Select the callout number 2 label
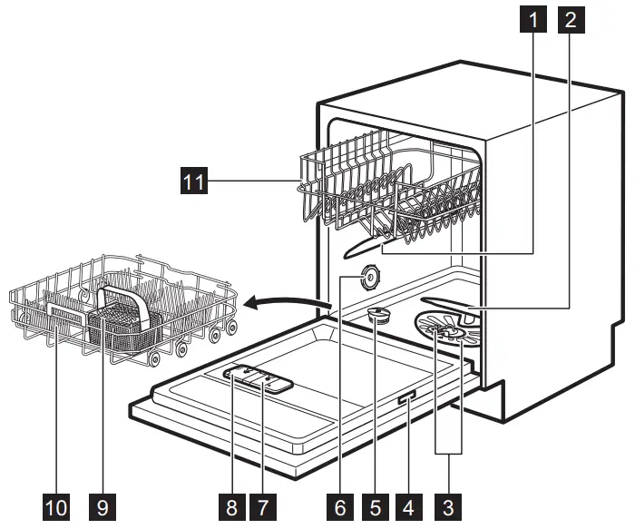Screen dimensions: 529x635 point(570,16)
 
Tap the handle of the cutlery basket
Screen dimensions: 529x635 point(125,297)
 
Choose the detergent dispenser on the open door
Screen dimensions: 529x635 point(259,377)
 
